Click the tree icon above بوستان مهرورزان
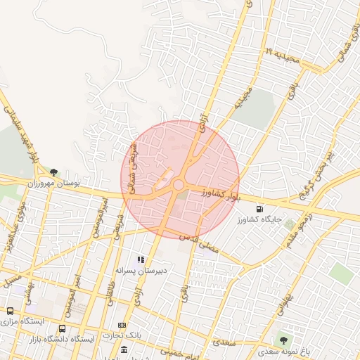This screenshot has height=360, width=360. click(54, 171)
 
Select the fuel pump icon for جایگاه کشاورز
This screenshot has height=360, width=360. click(262, 209)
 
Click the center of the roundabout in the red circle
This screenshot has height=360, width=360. click(179, 185)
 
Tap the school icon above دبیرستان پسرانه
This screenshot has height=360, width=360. click(141, 259)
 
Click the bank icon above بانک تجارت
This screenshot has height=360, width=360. click(122, 325)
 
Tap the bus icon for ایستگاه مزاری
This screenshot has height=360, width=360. click(10, 310)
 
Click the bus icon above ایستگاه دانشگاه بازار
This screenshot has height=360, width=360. click(63, 328)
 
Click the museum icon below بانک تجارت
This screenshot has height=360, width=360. click(124, 350)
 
